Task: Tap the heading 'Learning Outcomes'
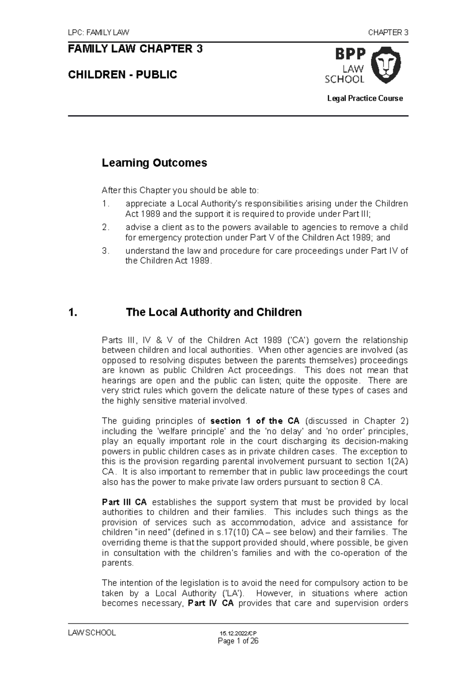coord(154,163)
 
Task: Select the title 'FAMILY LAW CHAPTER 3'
coord(135,49)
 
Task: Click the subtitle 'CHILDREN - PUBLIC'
coord(123,74)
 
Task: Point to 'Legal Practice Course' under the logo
coord(365,98)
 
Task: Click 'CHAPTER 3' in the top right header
coord(388,33)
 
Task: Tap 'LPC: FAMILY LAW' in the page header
coord(99,33)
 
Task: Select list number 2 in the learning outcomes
coord(105,227)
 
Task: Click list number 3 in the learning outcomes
coord(105,251)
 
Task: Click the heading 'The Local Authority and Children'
coord(213,312)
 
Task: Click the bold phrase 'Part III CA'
coord(124,502)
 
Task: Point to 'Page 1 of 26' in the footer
coord(238,641)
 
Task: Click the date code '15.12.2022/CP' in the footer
coord(238,634)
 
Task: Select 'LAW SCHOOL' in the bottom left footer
coord(92,633)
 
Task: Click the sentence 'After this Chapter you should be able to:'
coord(180,191)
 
